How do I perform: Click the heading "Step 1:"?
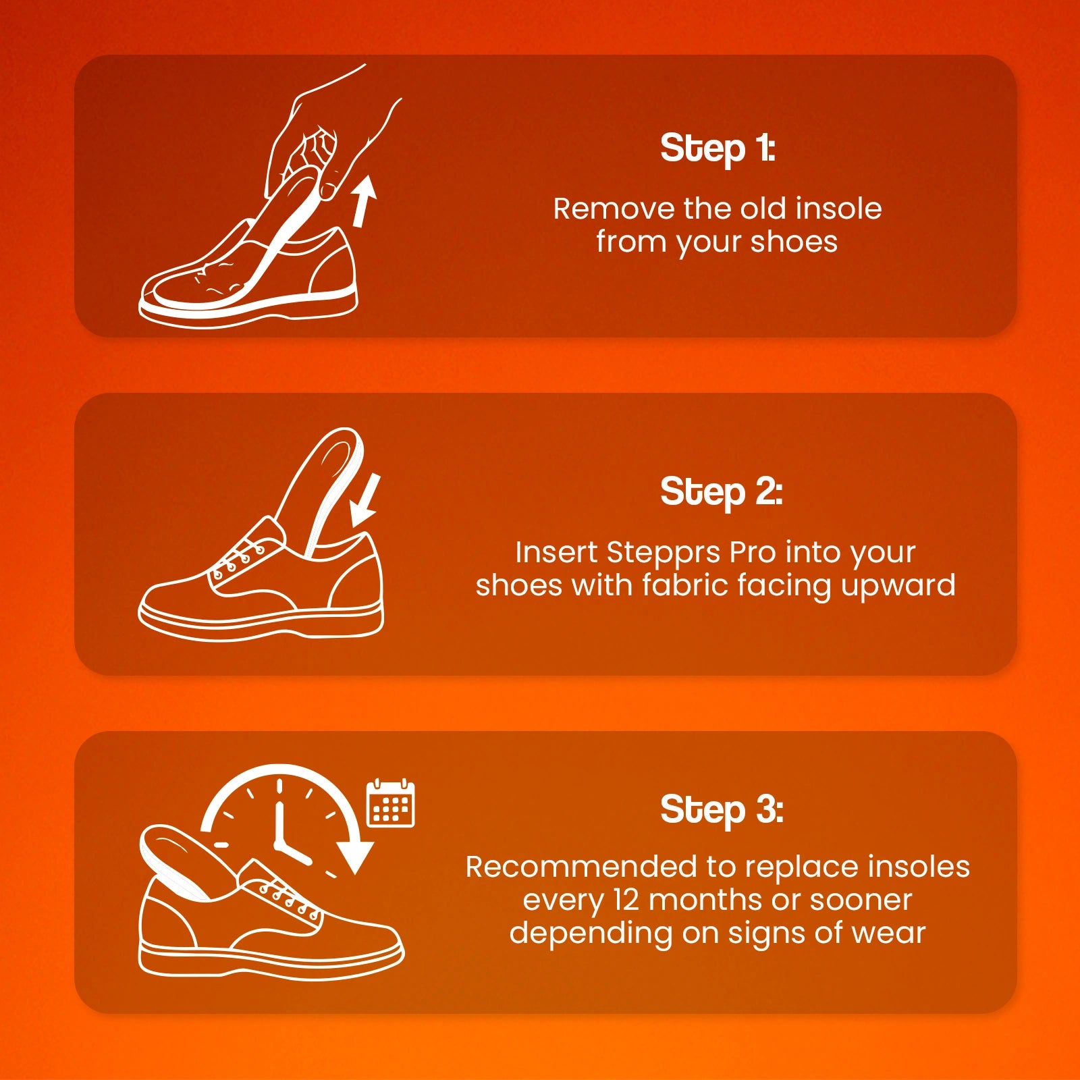[x=718, y=148]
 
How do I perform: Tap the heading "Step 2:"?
[x=721, y=492]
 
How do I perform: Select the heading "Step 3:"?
[x=722, y=810]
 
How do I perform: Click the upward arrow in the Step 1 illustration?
[x=363, y=201]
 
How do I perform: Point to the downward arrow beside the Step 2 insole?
[x=365, y=501]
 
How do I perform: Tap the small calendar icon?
[x=390, y=803]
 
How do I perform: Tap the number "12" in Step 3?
[x=626, y=900]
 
